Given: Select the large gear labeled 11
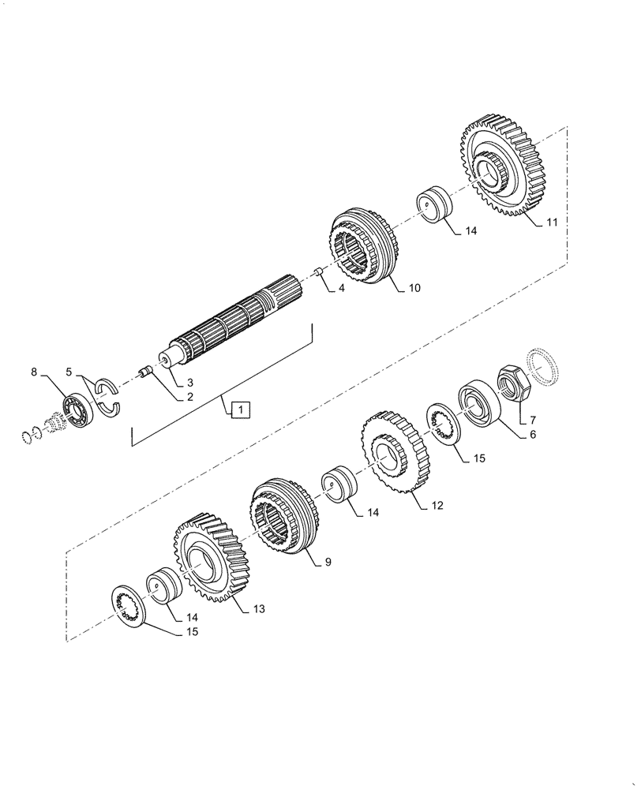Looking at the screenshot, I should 499,166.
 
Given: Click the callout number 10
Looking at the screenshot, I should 414,288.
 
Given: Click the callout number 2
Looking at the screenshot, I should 189,397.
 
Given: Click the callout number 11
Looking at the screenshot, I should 551,222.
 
